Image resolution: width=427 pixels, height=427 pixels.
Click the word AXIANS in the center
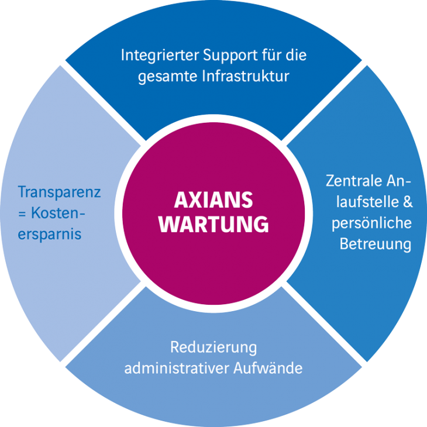213,199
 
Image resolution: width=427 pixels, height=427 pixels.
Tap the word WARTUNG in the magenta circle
213,224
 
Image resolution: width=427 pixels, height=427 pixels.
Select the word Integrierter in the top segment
160,56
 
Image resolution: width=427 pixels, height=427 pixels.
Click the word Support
230,56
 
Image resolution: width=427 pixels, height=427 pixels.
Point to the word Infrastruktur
246,76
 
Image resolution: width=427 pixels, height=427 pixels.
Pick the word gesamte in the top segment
168,77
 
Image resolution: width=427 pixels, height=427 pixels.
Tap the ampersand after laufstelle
408,202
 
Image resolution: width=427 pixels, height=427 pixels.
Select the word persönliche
371,223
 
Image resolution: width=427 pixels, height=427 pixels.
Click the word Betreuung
376,245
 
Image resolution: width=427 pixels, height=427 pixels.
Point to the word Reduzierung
213,348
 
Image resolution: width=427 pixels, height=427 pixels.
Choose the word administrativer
177,368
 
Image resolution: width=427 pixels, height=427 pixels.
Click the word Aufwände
268,368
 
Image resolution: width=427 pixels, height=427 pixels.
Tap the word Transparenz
59,192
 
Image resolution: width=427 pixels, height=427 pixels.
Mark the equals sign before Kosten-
22,213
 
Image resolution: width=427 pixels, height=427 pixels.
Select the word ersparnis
50,234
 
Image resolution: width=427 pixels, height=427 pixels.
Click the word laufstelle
368,202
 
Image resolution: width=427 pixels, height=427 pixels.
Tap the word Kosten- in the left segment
58,213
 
